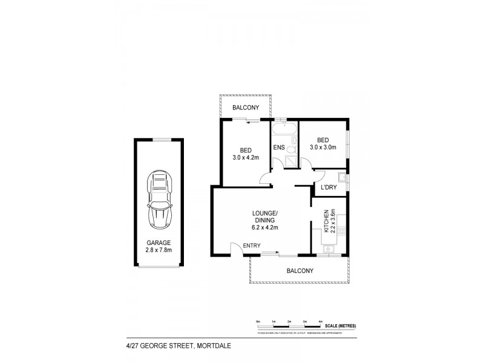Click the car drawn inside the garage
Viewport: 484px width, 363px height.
pos(160,200)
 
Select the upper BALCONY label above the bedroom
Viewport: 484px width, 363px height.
pos(246,107)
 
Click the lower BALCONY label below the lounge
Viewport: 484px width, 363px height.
pos(300,271)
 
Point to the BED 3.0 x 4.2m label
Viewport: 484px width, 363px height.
pos(246,154)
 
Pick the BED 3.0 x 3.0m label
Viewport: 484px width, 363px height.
pos(323,142)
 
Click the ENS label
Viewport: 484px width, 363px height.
pos(279,147)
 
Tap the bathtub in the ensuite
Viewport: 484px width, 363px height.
pos(284,129)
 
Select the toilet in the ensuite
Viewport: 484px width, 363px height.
pos(292,149)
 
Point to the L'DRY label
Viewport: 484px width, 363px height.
pos(328,188)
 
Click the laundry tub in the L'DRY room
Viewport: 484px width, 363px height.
pos(342,177)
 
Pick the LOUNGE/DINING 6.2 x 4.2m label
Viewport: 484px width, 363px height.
pos(265,220)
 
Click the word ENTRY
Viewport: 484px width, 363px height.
pos(251,245)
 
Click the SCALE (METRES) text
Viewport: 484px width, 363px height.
pos(342,326)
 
